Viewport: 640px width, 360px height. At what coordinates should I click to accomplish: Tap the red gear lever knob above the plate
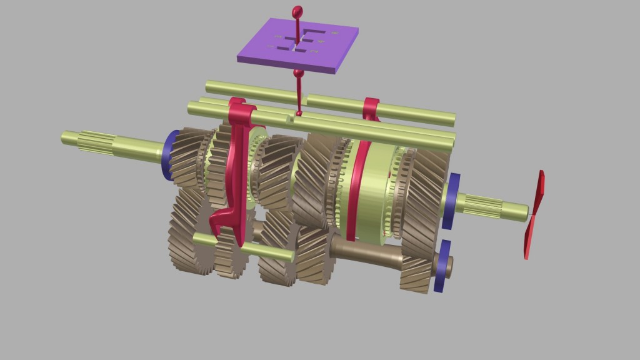coord(297,11)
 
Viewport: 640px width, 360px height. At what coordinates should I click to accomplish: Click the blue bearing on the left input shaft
coord(167,155)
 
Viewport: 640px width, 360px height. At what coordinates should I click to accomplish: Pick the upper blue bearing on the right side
coord(451,201)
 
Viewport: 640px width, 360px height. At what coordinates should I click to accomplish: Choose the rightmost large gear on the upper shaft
coord(425,187)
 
